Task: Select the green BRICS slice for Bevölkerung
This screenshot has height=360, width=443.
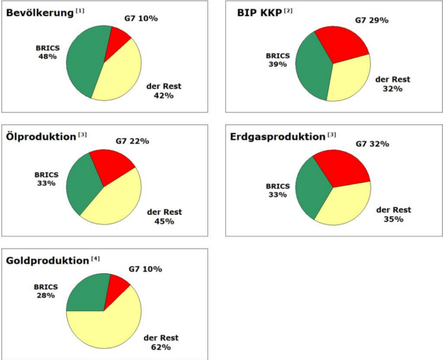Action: pos(83,62)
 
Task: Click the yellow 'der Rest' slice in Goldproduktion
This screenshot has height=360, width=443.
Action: pos(108,326)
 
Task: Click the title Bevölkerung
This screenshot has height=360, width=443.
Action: pos(39,13)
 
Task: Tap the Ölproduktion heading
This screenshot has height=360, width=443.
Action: pos(41,135)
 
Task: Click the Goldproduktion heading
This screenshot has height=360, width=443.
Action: pos(47,260)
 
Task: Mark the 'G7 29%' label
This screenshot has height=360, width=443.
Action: pos(371,20)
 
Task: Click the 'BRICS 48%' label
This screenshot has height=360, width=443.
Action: pos(47,51)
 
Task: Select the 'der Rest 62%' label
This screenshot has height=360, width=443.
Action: pos(161,343)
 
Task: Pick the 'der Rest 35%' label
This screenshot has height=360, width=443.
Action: pos(393,215)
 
